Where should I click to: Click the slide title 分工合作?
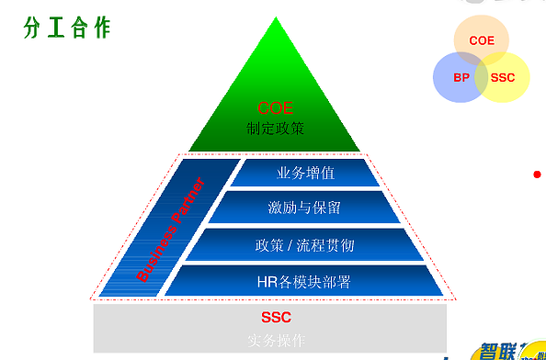coord(66,28)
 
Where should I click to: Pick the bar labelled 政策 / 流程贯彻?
coord(304,245)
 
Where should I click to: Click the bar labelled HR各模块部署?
coord(304,280)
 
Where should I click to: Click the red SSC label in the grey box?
coord(275,319)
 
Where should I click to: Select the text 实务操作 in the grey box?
coord(275,340)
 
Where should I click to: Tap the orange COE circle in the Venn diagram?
coord(482,39)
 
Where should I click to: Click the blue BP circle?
coord(461,77)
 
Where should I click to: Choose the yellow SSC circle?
coord(504,77)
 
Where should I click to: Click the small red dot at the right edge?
coord(537,174)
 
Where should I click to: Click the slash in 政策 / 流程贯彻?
coord(290,245)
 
